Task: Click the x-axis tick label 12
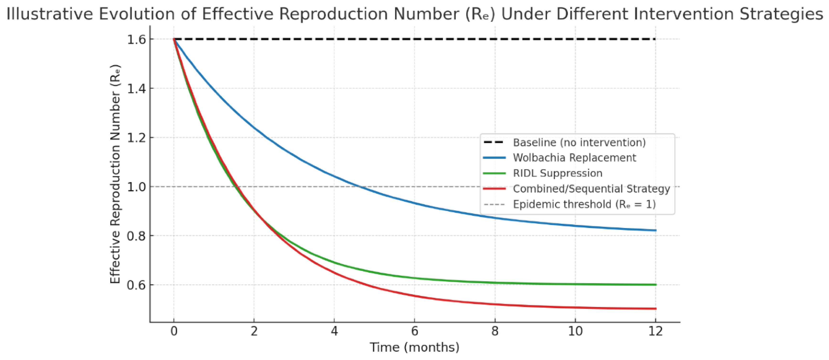click(x=655, y=331)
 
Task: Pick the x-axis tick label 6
click(x=414, y=331)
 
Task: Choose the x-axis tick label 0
click(x=174, y=331)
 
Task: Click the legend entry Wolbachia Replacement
click(x=574, y=158)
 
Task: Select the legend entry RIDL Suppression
click(x=557, y=173)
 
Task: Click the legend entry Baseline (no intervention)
click(x=579, y=142)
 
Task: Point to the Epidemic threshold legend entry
click(x=584, y=204)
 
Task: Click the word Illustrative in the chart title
click(x=51, y=14)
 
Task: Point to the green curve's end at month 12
click(x=655, y=285)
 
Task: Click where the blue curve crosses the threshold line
click(x=360, y=187)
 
